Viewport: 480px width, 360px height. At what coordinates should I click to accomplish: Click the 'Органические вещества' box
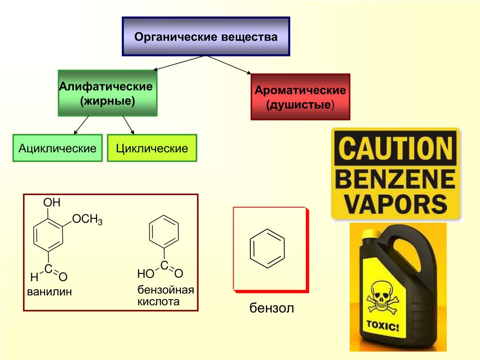[x=206, y=37]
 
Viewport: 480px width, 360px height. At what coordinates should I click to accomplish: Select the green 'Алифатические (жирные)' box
[x=107, y=93]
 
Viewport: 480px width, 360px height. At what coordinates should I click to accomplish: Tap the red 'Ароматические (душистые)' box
[x=300, y=97]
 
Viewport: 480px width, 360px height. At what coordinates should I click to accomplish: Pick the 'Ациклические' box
[x=57, y=149]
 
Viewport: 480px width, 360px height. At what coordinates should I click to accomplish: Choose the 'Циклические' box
[x=152, y=149]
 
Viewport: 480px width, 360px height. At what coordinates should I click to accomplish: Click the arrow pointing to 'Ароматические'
[x=230, y=65]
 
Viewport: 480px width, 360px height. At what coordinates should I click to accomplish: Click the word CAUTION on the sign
[x=396, y=149]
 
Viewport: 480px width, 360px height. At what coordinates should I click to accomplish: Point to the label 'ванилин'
[x=49, y=292]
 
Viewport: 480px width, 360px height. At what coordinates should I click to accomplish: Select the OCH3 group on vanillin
[x=88, y=220]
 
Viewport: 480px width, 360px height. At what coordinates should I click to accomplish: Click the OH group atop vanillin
[x=52, y=203]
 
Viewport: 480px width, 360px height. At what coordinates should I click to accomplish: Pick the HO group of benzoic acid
[x=145, y=274]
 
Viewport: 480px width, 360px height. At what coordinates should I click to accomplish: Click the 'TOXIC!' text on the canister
[x=382, y=326]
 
